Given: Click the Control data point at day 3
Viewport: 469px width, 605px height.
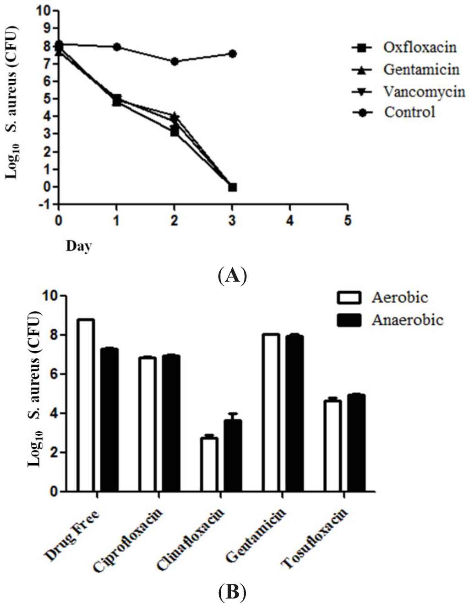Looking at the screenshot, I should click(233, 54).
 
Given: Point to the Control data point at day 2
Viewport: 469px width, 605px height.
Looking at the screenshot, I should click(175, 61).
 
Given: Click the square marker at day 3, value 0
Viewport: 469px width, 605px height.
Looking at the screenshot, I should click(233, 187).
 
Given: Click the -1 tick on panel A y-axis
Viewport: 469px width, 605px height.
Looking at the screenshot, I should click(46, 204).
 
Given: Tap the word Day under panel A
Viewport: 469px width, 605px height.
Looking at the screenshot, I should click(79, 246).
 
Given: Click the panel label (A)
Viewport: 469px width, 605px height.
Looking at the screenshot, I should click(233, 276).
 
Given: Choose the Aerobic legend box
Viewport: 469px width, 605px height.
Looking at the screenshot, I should click(349, 298).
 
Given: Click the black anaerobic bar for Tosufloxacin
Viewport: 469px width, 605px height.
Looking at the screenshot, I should click(356, 443).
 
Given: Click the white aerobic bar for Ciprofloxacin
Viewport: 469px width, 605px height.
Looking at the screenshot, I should click(147, 424).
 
